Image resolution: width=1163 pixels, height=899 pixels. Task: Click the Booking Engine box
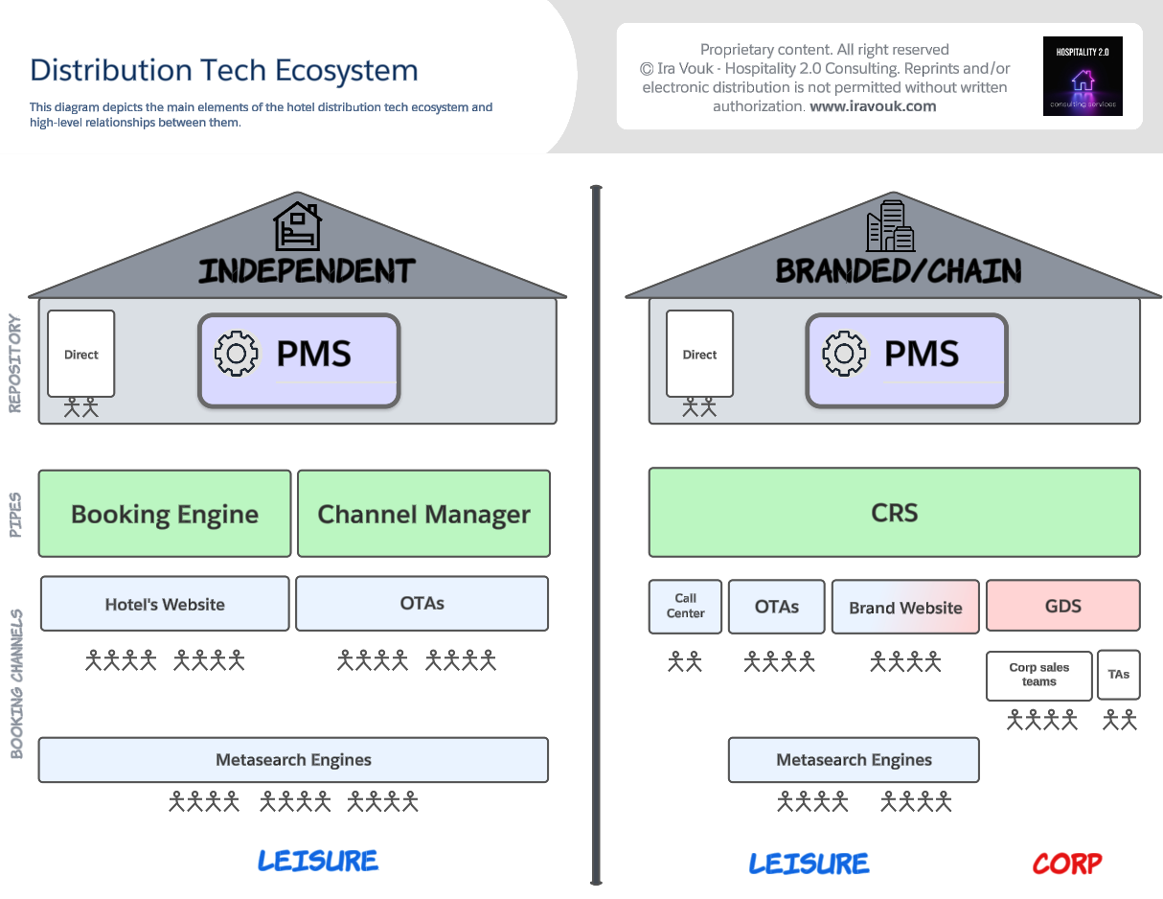(165, 514)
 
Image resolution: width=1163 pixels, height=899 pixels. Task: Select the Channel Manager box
(423, 514)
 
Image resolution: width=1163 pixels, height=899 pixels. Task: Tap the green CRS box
(894, 513)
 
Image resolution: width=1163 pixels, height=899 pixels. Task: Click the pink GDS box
(1062, 606)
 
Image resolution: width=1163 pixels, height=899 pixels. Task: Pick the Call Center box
(685, 606)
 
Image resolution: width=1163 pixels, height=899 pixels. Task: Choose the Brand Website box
(905, 607)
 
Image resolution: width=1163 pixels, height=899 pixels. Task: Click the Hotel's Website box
(165, 604)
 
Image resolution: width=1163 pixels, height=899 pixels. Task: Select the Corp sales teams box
(1038, 675)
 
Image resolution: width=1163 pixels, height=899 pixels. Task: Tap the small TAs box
(1118, 674)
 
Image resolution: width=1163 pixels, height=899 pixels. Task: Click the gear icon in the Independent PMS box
(237, 354)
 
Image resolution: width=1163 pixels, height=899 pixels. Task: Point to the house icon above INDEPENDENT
(297, 226)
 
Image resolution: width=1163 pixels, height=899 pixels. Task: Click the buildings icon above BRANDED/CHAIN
(890, 226)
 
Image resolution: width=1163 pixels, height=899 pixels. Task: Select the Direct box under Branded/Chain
(699, 354)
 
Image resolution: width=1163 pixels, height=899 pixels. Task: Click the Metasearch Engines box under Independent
(293, 760)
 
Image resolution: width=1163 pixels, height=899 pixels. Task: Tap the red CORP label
(1066, 863)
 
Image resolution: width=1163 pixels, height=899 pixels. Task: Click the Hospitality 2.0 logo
(1083, 77)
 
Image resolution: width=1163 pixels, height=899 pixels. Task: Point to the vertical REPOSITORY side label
(14, 364)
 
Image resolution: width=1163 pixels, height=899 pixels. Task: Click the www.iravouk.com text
(873, 106)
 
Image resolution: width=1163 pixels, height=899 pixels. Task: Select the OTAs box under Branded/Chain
(776, 607)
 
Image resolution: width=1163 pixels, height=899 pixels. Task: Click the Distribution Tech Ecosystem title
(224, 70)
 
